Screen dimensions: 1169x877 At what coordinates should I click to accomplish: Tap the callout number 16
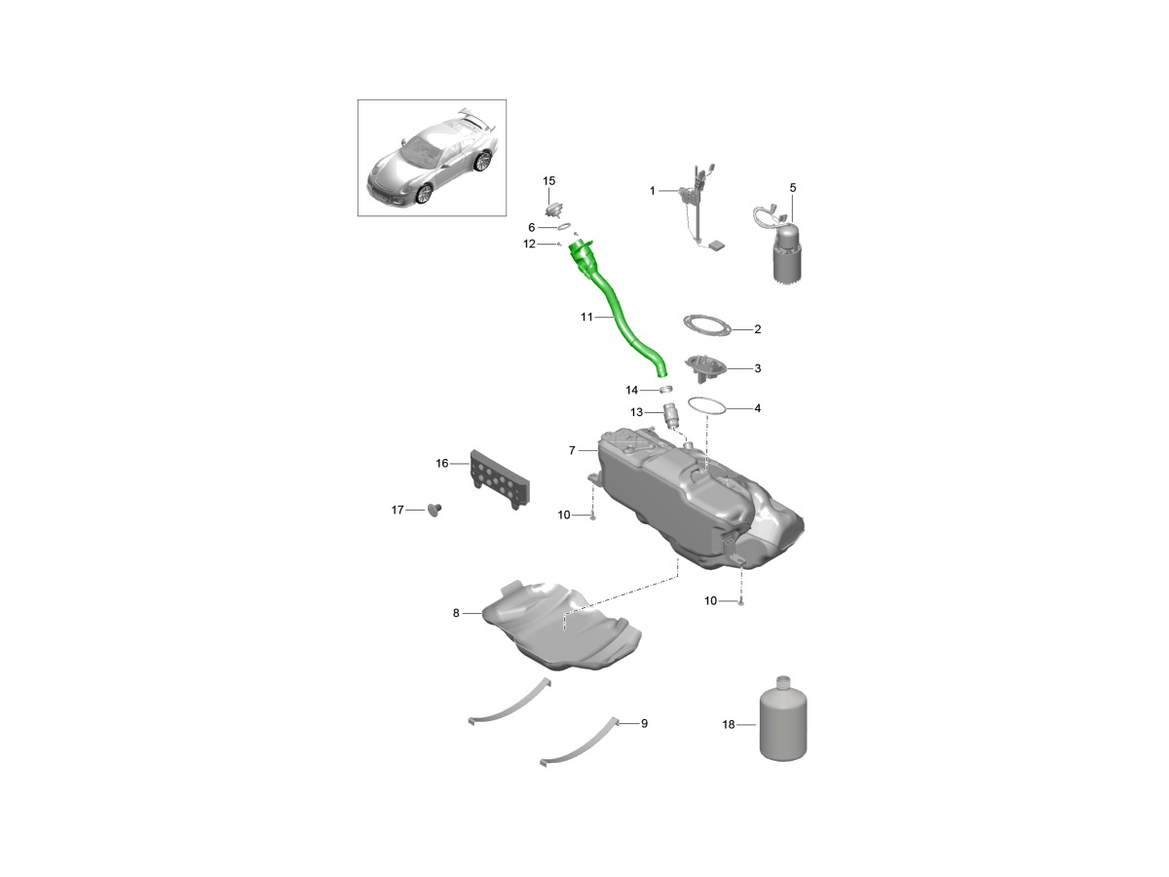[441, 463]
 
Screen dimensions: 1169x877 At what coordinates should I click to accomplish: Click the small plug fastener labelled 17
[434, 510]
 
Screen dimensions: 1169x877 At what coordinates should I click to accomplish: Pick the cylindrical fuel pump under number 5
[786, 253]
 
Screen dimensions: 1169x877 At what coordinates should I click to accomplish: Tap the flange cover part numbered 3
[705, 367]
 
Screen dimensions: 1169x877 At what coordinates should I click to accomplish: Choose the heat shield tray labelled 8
[562, 628]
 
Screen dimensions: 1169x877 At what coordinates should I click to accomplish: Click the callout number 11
[586, 317]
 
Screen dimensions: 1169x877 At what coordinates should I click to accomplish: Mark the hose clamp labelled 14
[665, 390]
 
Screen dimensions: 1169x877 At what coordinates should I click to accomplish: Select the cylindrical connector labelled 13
[671, 415]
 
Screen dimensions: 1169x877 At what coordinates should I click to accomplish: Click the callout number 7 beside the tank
[572, 450]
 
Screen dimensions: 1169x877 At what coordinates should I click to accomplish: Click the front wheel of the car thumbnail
[424, 194]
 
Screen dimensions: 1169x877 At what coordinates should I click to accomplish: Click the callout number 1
[653, 191]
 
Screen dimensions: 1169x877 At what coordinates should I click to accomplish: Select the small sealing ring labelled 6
[564, 227]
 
